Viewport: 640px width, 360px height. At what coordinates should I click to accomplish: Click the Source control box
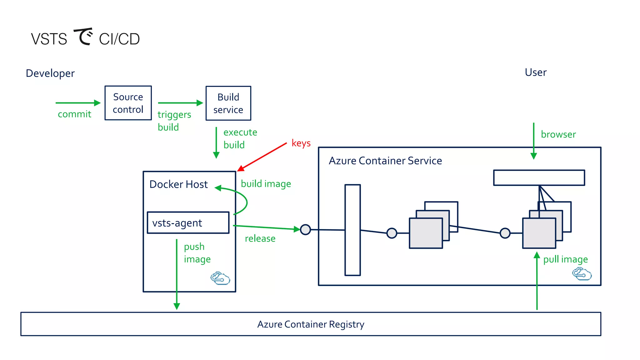(x=128, y=103)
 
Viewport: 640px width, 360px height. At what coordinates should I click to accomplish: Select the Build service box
(x=228, y=103)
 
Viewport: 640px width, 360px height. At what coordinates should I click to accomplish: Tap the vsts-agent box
(x=188, y=223)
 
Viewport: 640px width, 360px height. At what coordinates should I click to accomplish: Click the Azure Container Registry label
(x=311, y=324)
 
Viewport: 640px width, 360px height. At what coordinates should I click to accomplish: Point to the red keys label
(x=301, y=143)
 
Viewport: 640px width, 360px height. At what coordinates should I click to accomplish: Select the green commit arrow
(x=78, y=103)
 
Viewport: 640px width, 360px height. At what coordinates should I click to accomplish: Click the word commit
(x=74, y=114)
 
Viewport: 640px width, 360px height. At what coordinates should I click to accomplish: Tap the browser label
(x=558, y=134)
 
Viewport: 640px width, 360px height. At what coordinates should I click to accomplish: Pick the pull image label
(x=565, y=259)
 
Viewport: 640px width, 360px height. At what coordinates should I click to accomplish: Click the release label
(x=260, y=239)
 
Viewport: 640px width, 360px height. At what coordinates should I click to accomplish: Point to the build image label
(x=266, y=184)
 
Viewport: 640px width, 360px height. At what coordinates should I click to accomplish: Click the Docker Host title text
(x=178, y=184)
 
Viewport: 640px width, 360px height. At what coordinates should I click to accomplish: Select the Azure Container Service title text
(x=385, y=161)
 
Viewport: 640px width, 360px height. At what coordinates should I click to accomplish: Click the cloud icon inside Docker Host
(x=220, y=278)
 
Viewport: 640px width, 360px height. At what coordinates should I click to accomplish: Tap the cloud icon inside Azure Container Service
(x=582, y=274)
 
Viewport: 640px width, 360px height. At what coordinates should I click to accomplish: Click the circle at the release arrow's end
(x=305, y=230)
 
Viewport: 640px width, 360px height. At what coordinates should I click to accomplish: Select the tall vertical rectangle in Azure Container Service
(x=352, y=230)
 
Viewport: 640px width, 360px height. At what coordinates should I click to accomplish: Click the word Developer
(x=50, y=73)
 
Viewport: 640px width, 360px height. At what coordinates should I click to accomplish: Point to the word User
(x=536, y=72)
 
